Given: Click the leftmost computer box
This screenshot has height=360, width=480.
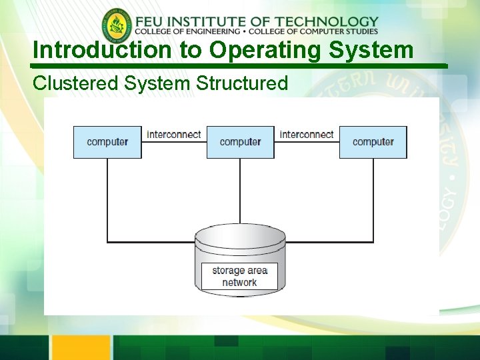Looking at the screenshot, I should click(x=107, y=142).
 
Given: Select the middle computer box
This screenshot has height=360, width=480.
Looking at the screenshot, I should click(x=240, y=142).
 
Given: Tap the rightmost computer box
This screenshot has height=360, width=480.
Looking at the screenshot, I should click(x=373, y=142).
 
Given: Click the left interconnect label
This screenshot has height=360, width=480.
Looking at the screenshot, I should click(x=174, y=135).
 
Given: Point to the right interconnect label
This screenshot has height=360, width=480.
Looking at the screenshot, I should click(x=307, y=135).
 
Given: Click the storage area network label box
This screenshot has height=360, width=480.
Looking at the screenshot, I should click(x=239, y=276).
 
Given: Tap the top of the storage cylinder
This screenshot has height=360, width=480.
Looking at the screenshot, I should click(x=240, y=235).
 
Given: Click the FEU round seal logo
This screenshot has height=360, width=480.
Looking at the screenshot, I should click(x=117, y=26).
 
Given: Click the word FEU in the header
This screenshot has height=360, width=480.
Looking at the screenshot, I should click(x=152, y=22).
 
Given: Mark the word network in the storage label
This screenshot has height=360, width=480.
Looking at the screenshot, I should click(x=239, y=282).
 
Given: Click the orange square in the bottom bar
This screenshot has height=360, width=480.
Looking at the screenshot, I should click(x=81, y=347).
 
